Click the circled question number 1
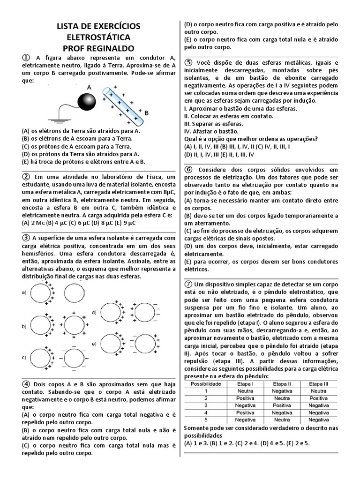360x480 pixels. pos(26,57)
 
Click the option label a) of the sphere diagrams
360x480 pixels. pos(24,293)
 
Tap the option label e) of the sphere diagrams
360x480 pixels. pos(94,344)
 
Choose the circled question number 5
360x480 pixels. pos(188,62)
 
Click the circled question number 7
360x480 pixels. pos(188,284)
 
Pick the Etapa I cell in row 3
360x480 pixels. pos(246,405)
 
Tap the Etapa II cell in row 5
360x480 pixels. pos(282,420)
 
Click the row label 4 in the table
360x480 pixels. pos(205,412)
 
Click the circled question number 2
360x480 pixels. pos(26,176)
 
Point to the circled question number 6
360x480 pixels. pos(188,169)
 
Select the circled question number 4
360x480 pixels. pos(26,383)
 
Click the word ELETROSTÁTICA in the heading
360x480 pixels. pos(98,37)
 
